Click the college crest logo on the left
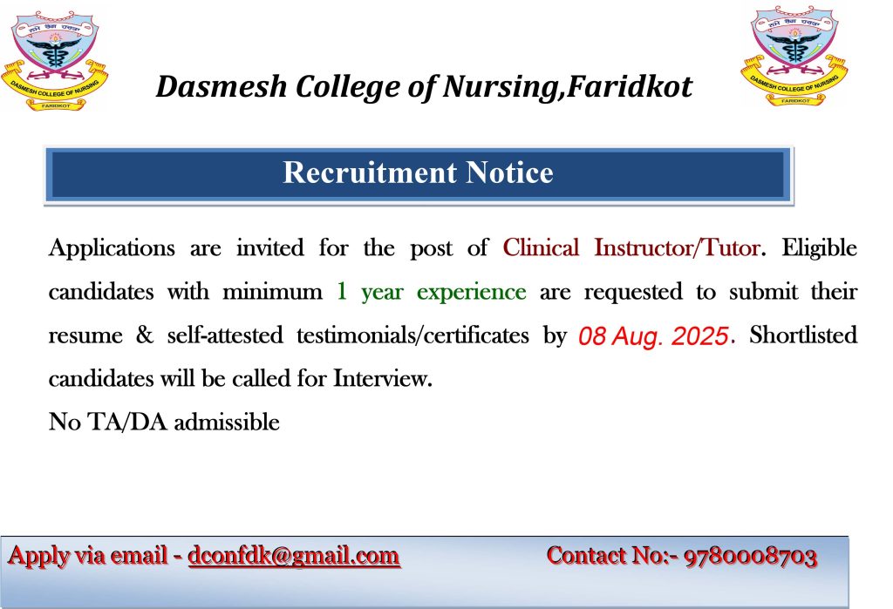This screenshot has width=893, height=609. (x=54, y=61)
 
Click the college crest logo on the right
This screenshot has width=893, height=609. (x=794, y=56)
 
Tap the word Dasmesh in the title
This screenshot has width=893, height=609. (x=222, y=87)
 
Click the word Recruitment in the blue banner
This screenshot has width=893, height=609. (x=370, y=173)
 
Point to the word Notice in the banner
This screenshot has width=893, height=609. (x=509, y=173)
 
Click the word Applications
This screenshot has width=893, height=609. (x=112, y=248)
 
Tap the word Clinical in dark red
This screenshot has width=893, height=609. (x=541, y=247)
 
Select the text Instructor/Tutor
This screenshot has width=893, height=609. (x=677, y=247)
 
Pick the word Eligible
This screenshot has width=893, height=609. (x=819, y=248)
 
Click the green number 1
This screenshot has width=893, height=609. (x=342, y=291)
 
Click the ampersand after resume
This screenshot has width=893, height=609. (x=145, y=335)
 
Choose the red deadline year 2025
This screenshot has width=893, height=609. (x=700, y=335)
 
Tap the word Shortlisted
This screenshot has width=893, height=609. (x=803, y=335)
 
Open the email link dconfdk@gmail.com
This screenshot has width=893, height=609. (x=294, y=556)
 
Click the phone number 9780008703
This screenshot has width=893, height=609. (x=750, y=557)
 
